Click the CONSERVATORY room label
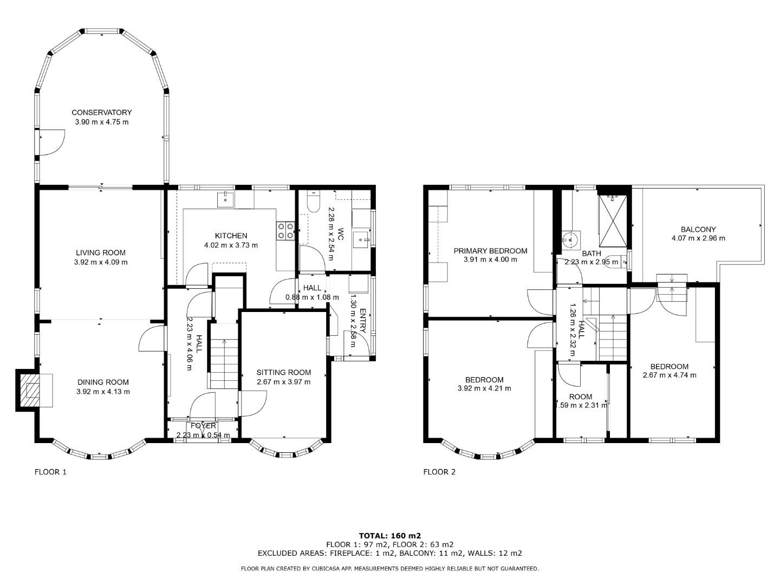click(102, 112)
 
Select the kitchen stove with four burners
click(285, 231)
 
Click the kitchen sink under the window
click(225, 199)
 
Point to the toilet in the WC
click(313, 201)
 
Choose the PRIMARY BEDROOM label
click(490, 251)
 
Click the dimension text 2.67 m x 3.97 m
click(284, 382)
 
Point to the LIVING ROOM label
click(101, 252)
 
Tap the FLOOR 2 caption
click(439, 472)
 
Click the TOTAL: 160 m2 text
click(389, 536)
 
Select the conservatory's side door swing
click(51, 142)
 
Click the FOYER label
click(203, 426)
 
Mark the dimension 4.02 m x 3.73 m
click(231, 245)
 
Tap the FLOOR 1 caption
click(50, 472)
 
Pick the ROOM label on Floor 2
click(581, 396)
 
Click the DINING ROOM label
click(103, 382)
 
